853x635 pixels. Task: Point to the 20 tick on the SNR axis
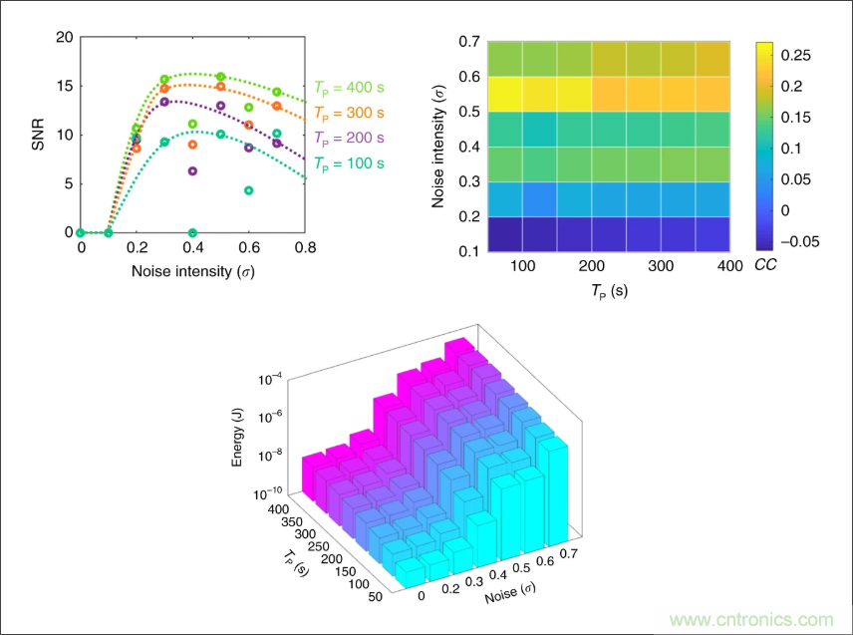66,37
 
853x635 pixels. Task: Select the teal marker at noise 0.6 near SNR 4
249,190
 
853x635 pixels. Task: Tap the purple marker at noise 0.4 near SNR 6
192,171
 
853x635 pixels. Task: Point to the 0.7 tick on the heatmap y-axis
468,42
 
